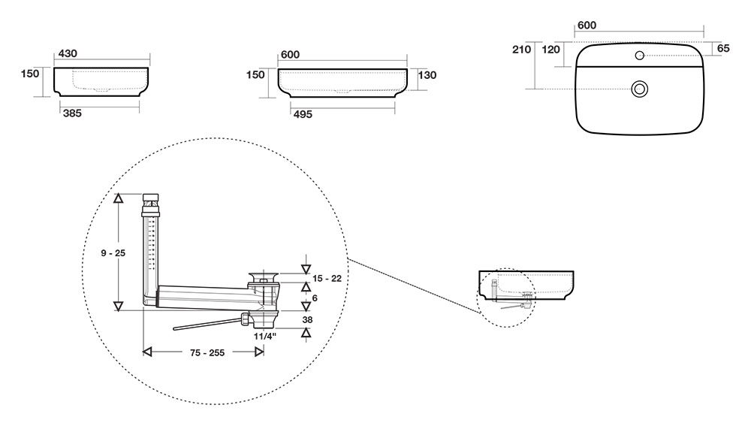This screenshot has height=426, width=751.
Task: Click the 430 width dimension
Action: pyautogui.click(x=67, y=53)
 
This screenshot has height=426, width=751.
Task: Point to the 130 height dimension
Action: pyautogui.click(x=427, y=75)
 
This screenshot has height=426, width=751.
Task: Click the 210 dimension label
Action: pyautogui.click(x=521, y=50)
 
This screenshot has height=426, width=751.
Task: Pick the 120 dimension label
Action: pyautogui.click(x=551, y=50)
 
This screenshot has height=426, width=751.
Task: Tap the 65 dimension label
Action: pyautogui.click(x=724, y=49)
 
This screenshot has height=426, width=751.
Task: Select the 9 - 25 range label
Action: pyautogui.click(x=113, y=253)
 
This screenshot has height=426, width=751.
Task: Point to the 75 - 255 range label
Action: pyautogui.click(x=203, y=352)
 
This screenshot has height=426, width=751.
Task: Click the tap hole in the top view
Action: pyautogui.click(x=639, y=55)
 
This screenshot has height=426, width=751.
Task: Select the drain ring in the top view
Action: pyautogui.click(x=640, y=89)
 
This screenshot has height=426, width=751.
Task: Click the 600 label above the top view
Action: pyautogui.click(x=586, y=26)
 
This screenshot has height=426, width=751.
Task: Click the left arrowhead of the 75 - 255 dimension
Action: pyautogui.click(x=148, y=351)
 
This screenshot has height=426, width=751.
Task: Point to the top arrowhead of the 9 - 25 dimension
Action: pyautogui.click(x=118, y=198)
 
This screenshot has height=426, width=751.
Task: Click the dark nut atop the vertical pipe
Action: pyautogui.click(x=152, y=201)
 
